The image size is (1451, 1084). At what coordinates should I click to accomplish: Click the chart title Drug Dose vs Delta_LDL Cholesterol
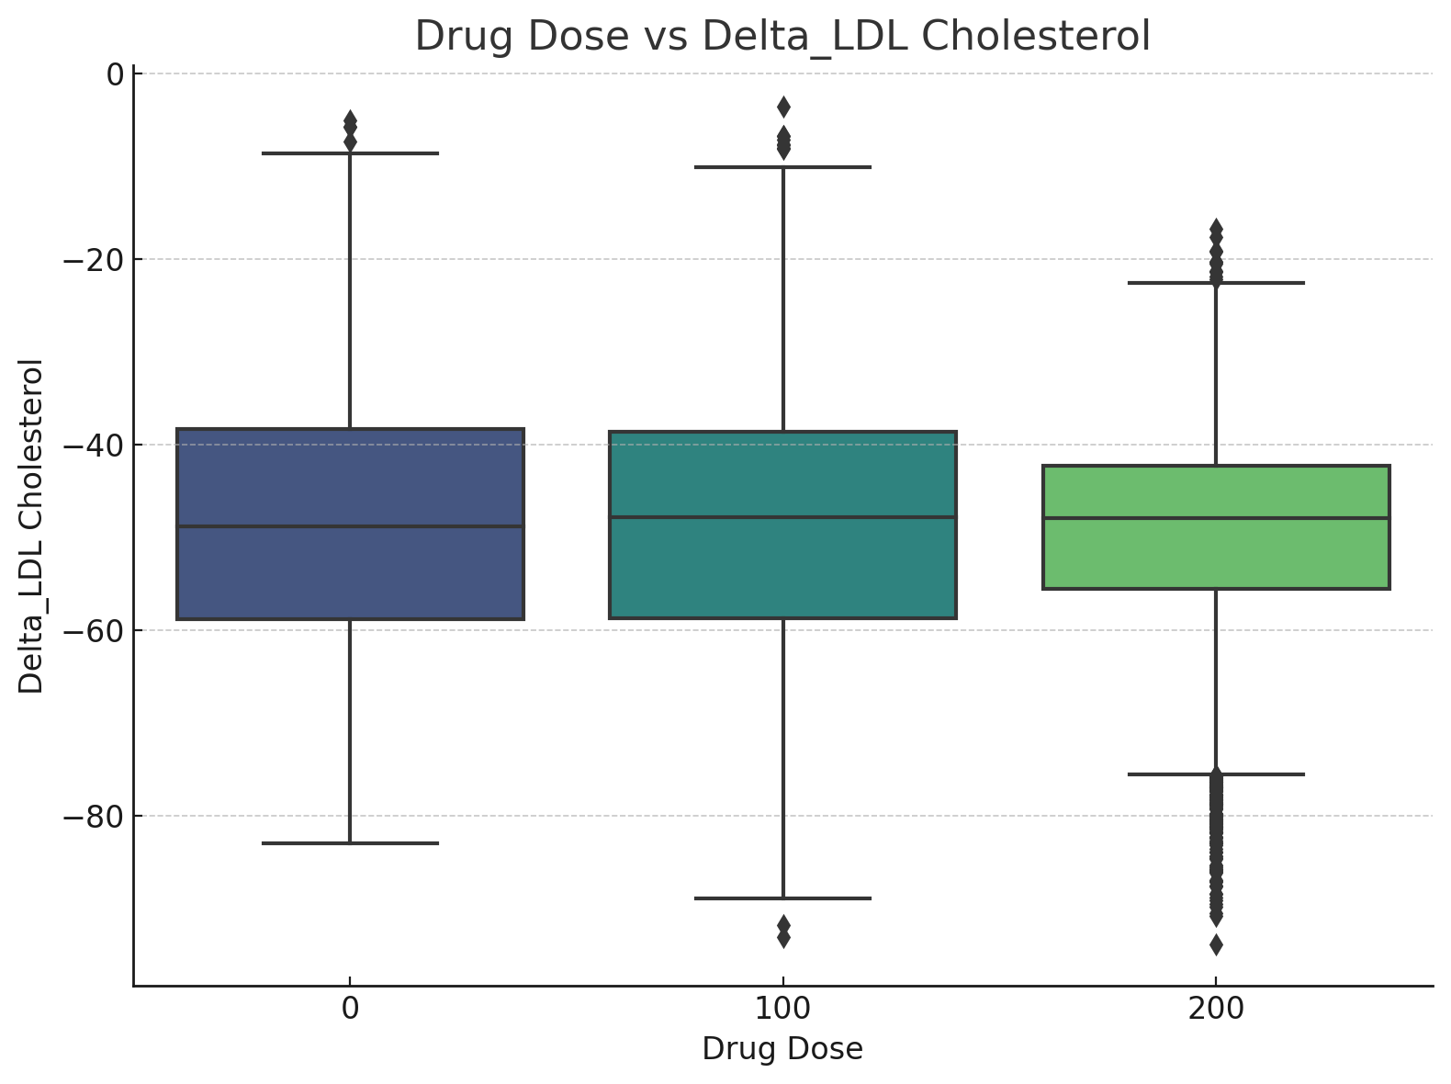tap(782, 37)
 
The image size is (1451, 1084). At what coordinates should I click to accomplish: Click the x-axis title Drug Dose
tap(782, 1049)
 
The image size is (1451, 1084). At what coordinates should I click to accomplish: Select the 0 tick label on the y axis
tap(115, 74)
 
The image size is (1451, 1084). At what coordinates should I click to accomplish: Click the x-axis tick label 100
tap(782, 1009)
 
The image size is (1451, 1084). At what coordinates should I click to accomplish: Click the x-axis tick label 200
tap(1216, 1009)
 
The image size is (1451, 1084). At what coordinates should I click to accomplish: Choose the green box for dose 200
tap(1216, 551)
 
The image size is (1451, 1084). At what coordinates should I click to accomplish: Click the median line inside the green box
tap(1216, 518)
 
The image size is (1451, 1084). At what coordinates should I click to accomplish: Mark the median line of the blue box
tap(350, 526)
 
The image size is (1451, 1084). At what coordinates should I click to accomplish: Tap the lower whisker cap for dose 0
tap(350, 843)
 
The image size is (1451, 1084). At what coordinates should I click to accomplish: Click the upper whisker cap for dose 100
tap(782, 167)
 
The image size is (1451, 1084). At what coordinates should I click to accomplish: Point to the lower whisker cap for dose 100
tap(782, 898)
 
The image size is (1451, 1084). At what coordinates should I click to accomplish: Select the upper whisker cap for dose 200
tap(1216, 283)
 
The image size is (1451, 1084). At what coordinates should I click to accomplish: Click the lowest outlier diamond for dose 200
tap(1216, 944)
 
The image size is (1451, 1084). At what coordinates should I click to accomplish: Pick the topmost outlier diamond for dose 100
tap(782, 107)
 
